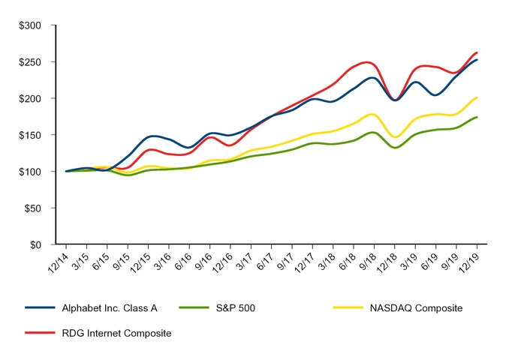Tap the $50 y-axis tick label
coord(32,208)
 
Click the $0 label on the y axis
coord(35,244)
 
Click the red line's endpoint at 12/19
coord(477,52)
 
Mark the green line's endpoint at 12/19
coord(477,117)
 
